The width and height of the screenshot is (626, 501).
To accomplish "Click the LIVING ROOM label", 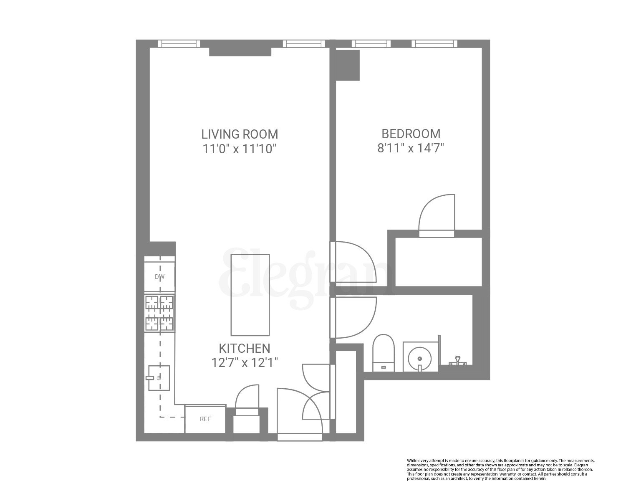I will click(x=240, y=134).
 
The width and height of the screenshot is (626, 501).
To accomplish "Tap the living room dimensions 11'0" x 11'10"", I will click(x=240, y=149).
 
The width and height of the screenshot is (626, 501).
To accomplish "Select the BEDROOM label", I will click(x=411, y=134).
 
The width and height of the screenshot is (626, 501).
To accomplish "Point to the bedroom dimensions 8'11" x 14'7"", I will click(x=411, y=148).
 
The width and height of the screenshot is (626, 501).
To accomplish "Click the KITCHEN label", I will click(x=245, y=348).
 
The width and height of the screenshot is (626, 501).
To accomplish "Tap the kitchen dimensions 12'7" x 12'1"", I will click(x=245, y=362).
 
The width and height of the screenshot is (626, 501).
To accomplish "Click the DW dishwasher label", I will click(x=159, y=277).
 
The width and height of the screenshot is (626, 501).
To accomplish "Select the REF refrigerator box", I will click(x=205, y=420).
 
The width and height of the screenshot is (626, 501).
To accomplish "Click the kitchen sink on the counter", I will click(x=159, y=377).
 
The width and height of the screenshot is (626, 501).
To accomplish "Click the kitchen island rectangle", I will click(x=250, y=295).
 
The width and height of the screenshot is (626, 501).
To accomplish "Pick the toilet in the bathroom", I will click(x=383, y=353).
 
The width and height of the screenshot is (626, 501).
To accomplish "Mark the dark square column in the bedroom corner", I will click(x=348, y=65).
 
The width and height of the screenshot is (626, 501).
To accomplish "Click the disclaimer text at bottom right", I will click(x=500, y=469).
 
